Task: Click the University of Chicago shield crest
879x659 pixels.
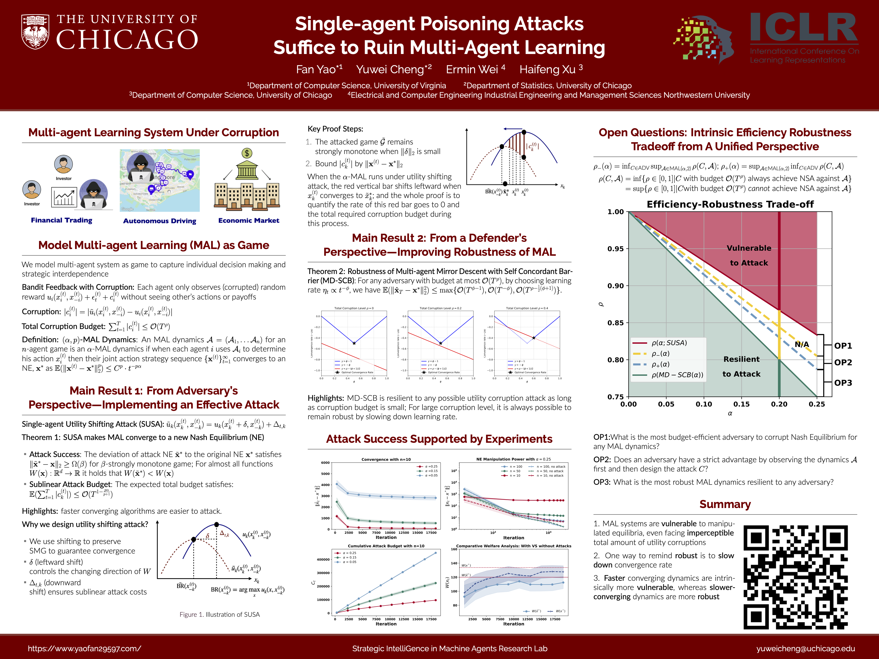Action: click(x=35, y=32)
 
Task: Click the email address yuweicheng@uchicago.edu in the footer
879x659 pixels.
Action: click(x=805, y=648)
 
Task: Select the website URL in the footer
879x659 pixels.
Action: click(x=84, y=648)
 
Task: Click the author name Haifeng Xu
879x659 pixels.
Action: click(x=551, y=69)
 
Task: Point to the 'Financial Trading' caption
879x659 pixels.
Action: click(x=62, y=220)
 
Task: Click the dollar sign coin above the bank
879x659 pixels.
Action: click(x=247, y=153)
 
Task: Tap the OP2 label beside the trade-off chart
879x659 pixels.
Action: click(x=843, y=362)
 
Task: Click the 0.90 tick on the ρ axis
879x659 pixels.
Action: click(x=616, y=285)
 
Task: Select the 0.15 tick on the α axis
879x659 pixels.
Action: click(x=741, y=404)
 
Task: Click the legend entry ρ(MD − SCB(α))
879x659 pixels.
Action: click(x=677, y=374)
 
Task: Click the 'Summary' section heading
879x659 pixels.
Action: click(x=725, y=504)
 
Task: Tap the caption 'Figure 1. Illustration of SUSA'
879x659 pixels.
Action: click(x=219, y=614)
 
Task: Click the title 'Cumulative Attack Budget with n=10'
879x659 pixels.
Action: click(x=386, y=546)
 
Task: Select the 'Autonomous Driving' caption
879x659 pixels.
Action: click(x=159, y=221)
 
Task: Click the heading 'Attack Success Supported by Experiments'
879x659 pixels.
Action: click(x=439, y=439)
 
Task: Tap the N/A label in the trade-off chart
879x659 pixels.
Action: click(x=801, y=344)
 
